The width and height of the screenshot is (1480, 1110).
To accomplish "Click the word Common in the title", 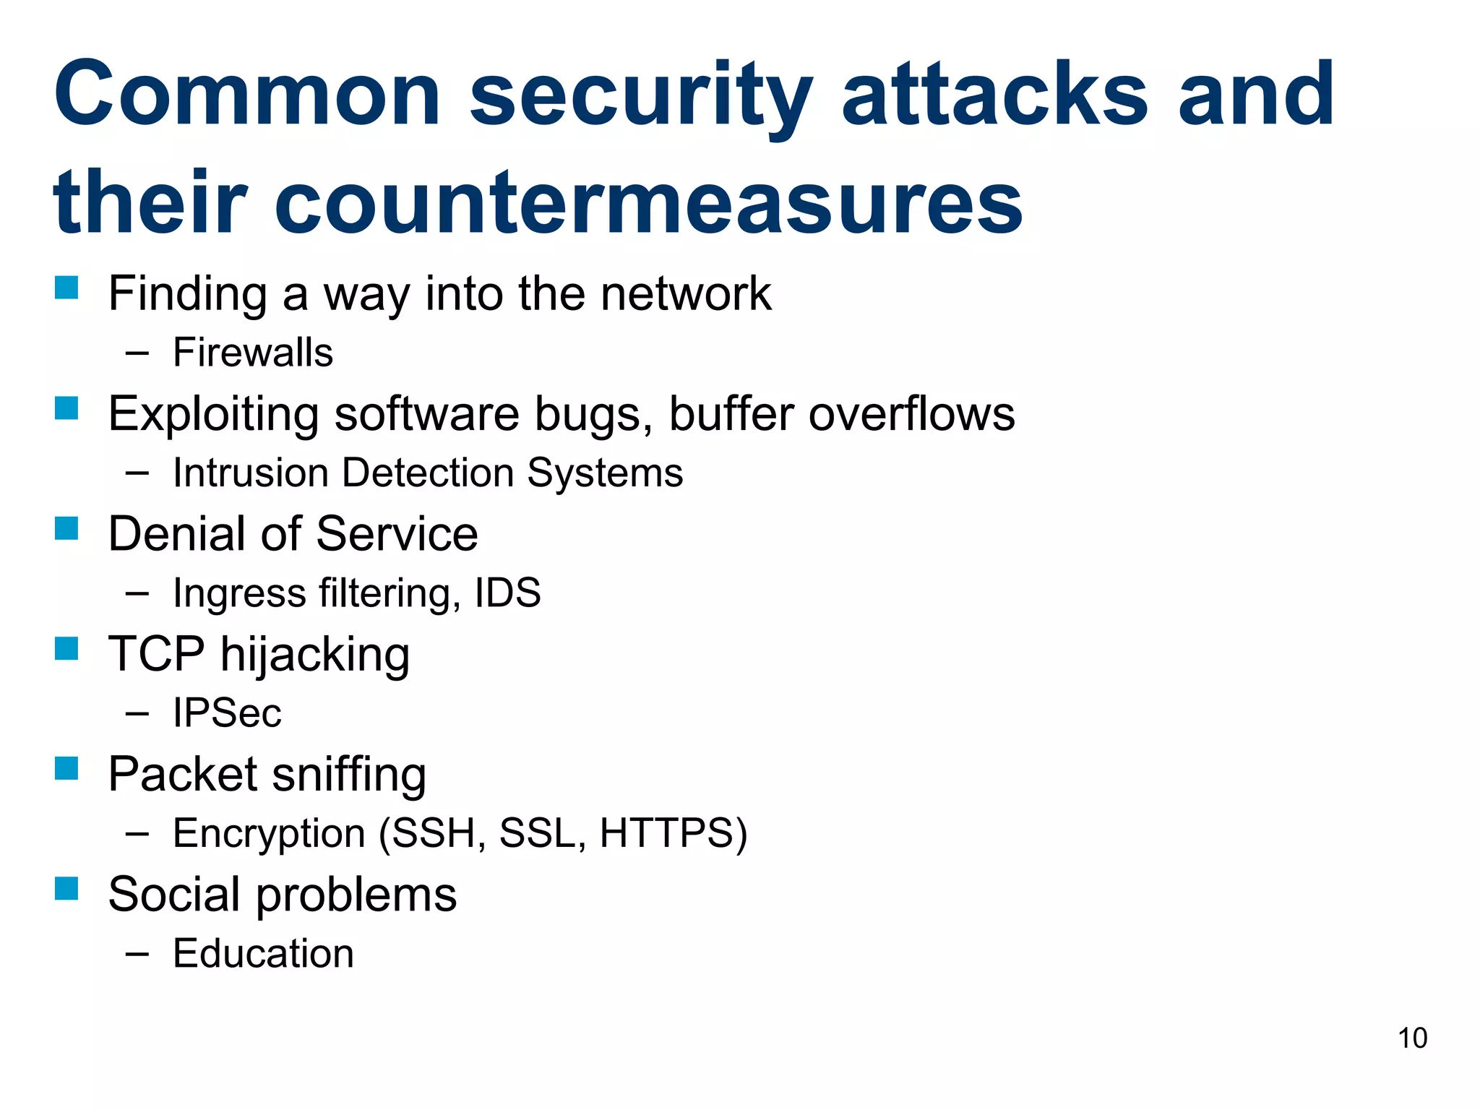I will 247,95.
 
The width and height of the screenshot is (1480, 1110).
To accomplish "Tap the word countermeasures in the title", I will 648,202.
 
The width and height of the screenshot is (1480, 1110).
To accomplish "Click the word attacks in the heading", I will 995,95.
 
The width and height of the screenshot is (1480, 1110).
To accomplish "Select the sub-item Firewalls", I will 253,353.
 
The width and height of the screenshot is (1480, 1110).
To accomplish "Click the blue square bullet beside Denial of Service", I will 66,528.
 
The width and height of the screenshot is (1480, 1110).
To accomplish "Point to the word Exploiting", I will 213,415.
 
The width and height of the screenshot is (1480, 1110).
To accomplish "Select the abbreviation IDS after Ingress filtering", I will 507,593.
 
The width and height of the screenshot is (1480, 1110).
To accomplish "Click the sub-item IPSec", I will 227,714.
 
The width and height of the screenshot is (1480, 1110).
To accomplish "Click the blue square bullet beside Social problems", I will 66,888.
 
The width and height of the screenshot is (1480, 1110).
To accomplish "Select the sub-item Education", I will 264,954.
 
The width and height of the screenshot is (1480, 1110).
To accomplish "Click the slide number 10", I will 1412,1038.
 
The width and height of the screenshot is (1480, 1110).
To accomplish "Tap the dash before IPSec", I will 137,714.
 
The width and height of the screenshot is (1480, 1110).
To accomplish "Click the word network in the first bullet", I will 686,294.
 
